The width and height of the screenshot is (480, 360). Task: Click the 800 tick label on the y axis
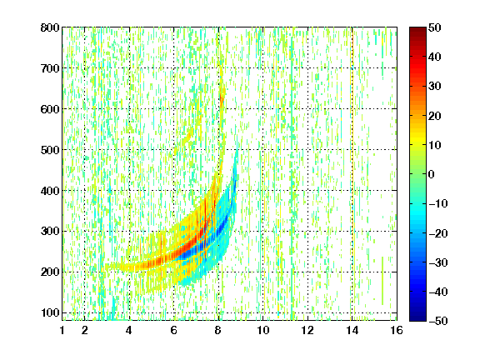coord(50,27)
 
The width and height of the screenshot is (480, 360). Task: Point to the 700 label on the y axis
coord(50,68)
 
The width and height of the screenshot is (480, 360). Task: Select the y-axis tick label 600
coord(50,109)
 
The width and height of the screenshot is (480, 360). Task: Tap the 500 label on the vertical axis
coord(50,150)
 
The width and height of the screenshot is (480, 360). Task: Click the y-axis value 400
coord(50,191)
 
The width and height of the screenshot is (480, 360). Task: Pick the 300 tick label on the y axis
coord(50,232)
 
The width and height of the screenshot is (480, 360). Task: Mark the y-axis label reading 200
coord(50,272)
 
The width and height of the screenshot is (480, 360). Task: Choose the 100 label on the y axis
coord(50,312)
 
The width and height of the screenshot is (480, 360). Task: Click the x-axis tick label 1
coord(62,330)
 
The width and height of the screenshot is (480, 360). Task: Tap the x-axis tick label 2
coord(85,330)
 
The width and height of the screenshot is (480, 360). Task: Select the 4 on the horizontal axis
coord(129,330)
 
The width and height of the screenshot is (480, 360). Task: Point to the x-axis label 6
coord(174,330)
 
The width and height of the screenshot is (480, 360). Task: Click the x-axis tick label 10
coord(263,330)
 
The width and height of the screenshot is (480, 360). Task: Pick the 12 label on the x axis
coord(307,330)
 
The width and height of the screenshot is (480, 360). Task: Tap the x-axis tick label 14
coord(352,330)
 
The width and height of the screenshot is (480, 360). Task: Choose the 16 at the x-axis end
coord(397,330)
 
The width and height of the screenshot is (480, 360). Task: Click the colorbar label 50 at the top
coord(435,27)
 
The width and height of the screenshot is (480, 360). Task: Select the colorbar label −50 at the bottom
coord(438,321)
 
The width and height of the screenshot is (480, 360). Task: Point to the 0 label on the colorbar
coord(432,174)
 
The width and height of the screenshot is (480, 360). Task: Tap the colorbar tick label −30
coord(438,262)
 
